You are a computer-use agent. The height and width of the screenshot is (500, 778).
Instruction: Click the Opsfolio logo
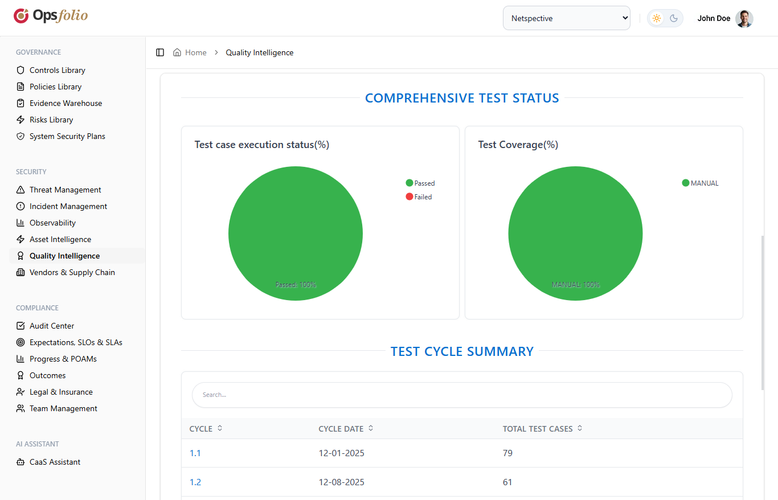(x=51, y=16)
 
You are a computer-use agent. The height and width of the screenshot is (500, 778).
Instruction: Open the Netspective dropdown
(x=566, y=18)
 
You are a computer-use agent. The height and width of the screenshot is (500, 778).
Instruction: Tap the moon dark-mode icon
(x=674, y=18)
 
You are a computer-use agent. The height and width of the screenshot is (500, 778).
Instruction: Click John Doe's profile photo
(x=744, y=18)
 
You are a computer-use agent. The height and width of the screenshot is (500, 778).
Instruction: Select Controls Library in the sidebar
(x=57, y=70)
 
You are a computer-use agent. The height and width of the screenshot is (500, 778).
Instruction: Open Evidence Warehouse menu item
(x=65, y=103)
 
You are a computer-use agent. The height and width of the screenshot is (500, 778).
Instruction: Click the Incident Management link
(x=68, y=206)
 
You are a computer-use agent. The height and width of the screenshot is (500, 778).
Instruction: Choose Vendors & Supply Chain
(x=72, y=272)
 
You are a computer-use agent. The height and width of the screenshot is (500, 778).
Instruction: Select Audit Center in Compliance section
(x=52, y=326)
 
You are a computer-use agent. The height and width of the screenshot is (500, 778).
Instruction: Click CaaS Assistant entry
(x=55, y=462)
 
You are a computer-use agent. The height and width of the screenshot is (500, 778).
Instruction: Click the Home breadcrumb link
(x=195, y=52)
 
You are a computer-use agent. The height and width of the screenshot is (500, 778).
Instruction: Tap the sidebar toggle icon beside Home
(x=160, y=52)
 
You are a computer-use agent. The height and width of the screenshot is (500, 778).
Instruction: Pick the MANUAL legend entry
(x=701, y=183)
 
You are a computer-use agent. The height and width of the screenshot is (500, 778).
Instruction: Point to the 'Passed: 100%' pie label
(x=296, y=284)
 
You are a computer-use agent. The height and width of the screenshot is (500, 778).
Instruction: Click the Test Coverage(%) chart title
(x=518, y=145)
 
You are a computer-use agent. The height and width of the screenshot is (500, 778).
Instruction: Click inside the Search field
(x=461, y=395)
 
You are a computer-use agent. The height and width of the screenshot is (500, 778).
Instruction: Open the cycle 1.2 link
(x=195, y=482)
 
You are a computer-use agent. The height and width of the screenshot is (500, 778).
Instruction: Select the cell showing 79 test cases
(x=507, y=453)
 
